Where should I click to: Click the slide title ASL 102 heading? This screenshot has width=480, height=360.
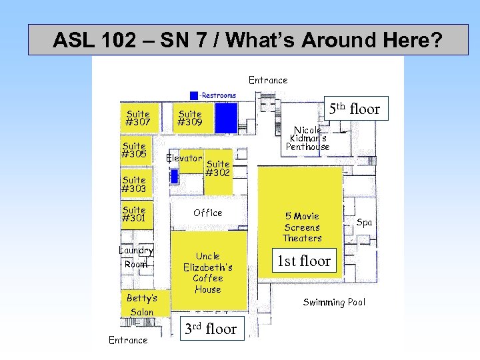coord(247,41)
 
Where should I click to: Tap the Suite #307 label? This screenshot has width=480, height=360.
coord(137,118)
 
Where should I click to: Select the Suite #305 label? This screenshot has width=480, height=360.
coord(134,150)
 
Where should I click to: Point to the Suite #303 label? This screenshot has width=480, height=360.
coord(134,184)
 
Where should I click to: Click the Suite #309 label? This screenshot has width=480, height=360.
coord(190,118)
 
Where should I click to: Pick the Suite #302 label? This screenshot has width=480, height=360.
coord(218,168)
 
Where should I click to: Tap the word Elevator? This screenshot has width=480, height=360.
coord(184,159)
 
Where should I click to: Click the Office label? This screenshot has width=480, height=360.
coord(208,213)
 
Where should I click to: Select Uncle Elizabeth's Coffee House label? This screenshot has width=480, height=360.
coord(208,273)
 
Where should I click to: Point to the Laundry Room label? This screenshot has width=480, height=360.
coord(136,257)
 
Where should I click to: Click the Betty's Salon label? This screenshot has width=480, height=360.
coord(142,305)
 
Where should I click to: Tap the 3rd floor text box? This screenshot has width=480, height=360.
coord(211,329)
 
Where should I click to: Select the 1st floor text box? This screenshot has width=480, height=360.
coord(305,261)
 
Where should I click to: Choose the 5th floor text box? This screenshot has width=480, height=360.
coord(354,109)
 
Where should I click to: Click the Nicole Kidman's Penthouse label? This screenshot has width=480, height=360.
coord(307,138)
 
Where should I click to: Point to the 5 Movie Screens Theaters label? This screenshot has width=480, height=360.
coord(302,227)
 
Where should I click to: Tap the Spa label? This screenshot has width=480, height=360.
coord(364,222)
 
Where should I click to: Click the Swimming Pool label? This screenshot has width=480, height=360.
coord(334,302)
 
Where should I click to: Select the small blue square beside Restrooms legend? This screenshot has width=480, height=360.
coord(194,95)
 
